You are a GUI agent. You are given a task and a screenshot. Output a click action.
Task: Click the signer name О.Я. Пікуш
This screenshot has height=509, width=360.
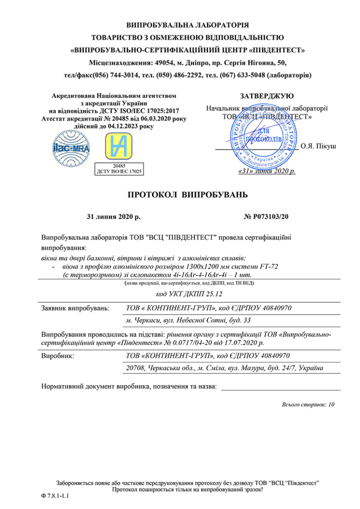click(318, 146)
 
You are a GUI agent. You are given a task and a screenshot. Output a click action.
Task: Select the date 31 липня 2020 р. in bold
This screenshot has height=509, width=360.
click(115, 217)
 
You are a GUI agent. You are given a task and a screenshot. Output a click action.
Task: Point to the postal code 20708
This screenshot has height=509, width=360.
click(136, 368)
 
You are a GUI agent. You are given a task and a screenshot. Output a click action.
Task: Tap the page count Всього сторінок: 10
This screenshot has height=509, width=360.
click(308, 404)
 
